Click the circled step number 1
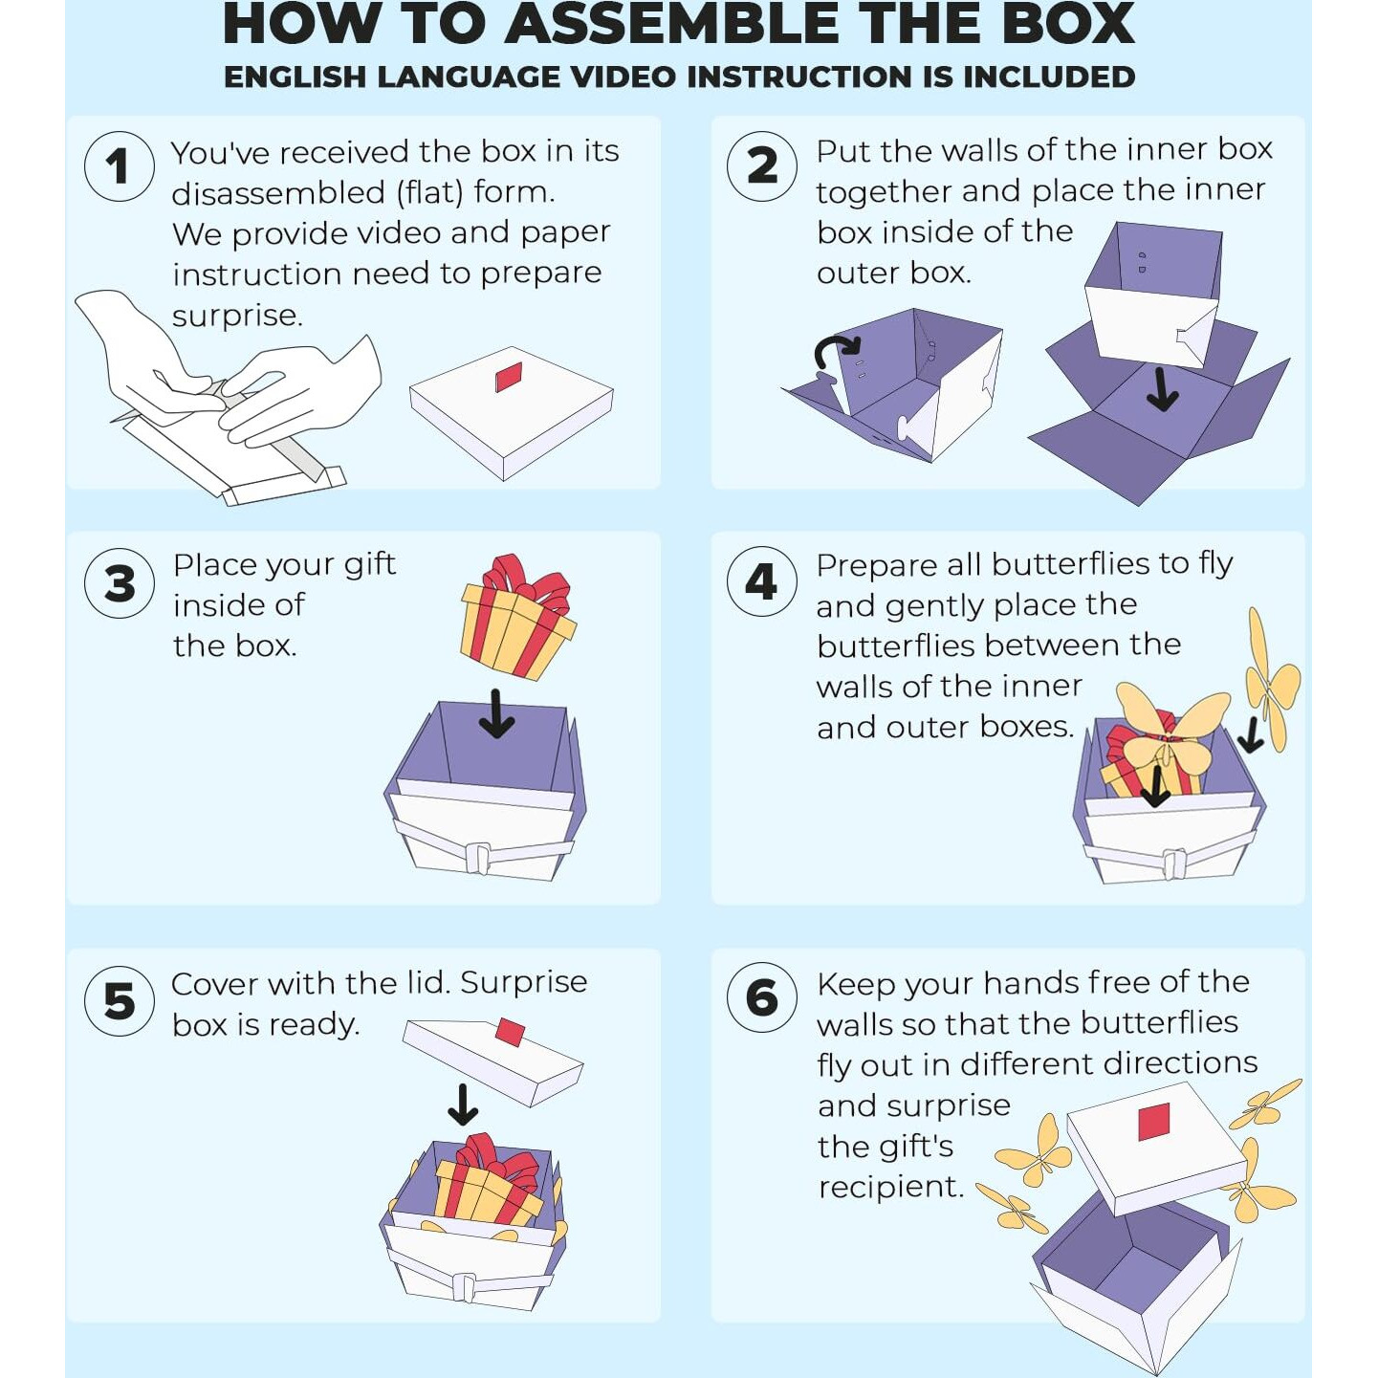coord(119,166)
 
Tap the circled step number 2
coord(761,166)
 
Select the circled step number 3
coord(120,582)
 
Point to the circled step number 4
coord(761,581)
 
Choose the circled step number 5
coord(120,999)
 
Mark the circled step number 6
coord(761,997)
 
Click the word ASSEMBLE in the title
coord(676,24)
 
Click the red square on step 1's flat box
coord(509,377)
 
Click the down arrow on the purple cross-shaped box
coord(1163,393)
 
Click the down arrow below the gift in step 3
coord(497,713)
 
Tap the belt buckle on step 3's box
coord(477,858)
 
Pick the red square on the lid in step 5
coord(511,1031)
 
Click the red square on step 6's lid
coord(1152,1122)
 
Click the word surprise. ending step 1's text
coord(237,316)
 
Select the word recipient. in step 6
coord(891,1188)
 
